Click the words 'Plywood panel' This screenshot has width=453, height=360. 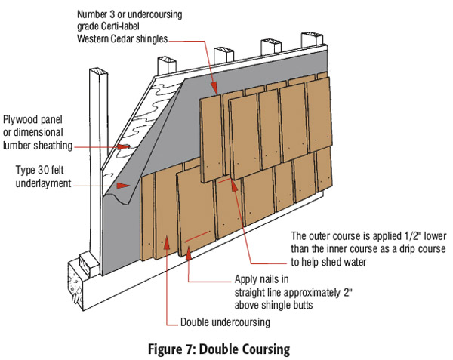pyautogui.click(x=36, y=120)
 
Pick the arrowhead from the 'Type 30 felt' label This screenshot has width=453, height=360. pyautogui.click(x=133, y=183)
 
